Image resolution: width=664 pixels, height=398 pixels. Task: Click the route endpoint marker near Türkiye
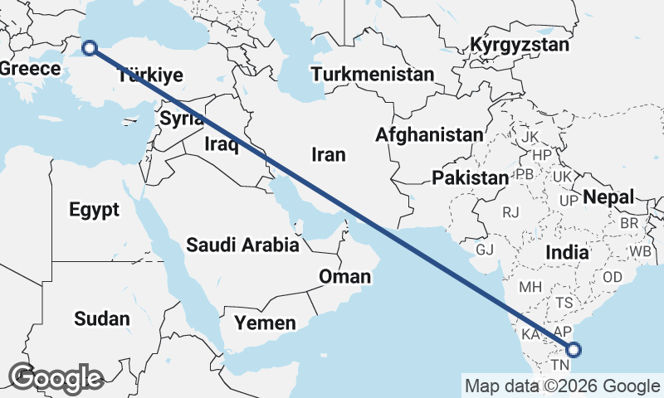click(90, 48)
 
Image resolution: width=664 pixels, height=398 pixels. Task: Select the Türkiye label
click(150, 75)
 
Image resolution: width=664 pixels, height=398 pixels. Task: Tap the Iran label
click(328, 154)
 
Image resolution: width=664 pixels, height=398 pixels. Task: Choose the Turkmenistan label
click(373, 74)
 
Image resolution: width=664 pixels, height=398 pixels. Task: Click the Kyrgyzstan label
click(520, 45)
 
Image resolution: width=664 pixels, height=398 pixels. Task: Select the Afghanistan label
click(428, 134)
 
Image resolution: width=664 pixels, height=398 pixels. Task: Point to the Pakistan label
click(470, 177)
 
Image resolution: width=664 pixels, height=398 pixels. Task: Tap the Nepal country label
click(608, 197)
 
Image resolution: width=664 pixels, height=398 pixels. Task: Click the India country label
click(567, 252)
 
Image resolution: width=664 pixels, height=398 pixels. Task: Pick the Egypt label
click(95, 210)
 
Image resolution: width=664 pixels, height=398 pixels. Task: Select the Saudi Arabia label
click(242, 245)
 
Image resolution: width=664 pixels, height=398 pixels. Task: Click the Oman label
click(344, 276)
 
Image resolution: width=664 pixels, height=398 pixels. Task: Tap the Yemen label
click(265, 323)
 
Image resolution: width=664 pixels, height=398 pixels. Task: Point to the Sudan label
click(102, 318)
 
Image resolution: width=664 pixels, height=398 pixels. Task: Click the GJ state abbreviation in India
click(485, 250)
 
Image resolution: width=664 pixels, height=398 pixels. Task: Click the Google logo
click(55, 378)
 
